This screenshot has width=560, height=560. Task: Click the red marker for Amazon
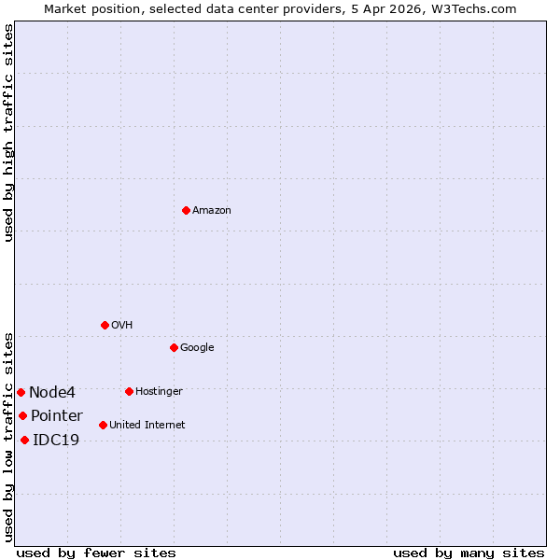pyautogui.click(x=186, y=210)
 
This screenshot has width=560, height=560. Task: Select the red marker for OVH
pyautogui.click(x=105, y=325)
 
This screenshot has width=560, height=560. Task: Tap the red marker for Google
pyautogui.click(x=174, y=347)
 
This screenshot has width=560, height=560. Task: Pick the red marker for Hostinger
pyautogui.click(x=129, y=391)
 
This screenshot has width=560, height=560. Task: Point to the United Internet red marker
pyautogui.click(x=103, y=425)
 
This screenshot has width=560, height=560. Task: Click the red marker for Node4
pyautogui.click(x=21, y=392)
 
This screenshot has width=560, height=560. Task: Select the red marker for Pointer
pyautogui.click(x=22, y=415)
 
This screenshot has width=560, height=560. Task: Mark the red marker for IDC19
pyautogui.click(x=24, y=440)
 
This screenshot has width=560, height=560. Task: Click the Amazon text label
pyautogui.click(x=212, y=211)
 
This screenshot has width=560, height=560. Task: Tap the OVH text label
pyautogui.click(x=121, y=326)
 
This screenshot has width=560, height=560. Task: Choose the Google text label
pyautogui.click(x=197, y=348)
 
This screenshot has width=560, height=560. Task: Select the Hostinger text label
pyautogui.click(x=159, y=392)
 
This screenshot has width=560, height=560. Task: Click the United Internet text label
pyautogui.click(x=147, y=426)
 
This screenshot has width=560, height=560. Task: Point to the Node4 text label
pyautogui.click(x=52, y=393)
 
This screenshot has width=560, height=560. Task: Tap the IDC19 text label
pyautogui.click(x=56, y=441)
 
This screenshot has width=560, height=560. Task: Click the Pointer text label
pyautogui.click(x=57, y=416)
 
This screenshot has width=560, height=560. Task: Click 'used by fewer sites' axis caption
pyautogui.click(x=96, y=553)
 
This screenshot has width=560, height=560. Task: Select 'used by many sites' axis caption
pyautogui.click(x=469, y=553)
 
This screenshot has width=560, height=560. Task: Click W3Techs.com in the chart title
pyautogui.click(x=478, y=8)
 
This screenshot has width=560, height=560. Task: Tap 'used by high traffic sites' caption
pyautogui.click(x=8, y=133)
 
